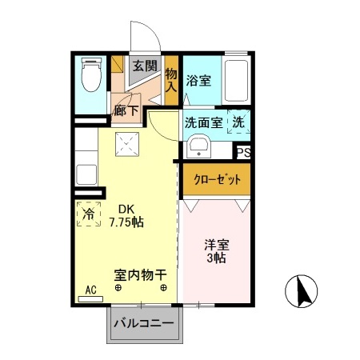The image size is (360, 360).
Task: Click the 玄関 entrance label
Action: point(144,66)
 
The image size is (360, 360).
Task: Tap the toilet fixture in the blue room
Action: point(90,77)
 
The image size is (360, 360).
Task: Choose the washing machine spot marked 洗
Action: point(238,122)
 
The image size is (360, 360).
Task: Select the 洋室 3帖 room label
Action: point(214,251)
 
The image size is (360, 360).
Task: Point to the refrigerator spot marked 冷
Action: point(89,214)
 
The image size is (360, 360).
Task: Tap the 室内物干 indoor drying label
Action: point(141,274)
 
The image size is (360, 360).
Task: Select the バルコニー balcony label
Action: point(143,324)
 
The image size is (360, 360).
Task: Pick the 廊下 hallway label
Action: point(125,111)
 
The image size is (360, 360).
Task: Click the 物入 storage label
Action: point(171,80)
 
